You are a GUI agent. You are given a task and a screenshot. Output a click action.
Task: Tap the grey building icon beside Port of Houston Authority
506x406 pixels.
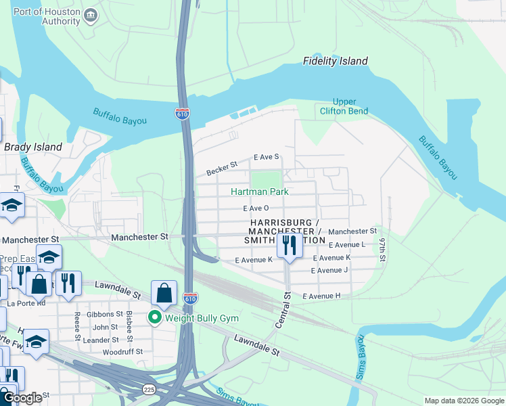pos(90,16)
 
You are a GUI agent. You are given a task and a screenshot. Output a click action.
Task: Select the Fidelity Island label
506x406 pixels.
pos(336,62)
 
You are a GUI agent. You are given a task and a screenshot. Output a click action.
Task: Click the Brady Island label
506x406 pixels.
pos(33,147)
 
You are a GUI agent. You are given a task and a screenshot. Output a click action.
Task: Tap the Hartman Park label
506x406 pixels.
pos(260,191)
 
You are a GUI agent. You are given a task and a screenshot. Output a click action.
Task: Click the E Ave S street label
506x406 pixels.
pos(266,157)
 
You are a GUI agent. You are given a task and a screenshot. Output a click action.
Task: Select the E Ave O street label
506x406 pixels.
pos(256,209)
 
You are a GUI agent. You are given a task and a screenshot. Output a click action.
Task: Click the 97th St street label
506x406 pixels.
pos(382,250)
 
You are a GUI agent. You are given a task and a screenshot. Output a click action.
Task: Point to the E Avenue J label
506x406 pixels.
pos(329,271)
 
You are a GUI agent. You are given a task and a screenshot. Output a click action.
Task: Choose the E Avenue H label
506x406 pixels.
pos(321,296)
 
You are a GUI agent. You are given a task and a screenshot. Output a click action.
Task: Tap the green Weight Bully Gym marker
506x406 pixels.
pos(155,317)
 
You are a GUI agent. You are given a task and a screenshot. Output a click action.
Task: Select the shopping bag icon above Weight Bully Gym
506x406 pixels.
pos(164,293)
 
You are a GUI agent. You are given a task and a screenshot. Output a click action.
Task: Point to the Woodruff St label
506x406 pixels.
pos(122,352)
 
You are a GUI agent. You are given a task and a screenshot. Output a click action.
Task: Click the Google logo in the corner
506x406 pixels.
pos(23,399)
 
